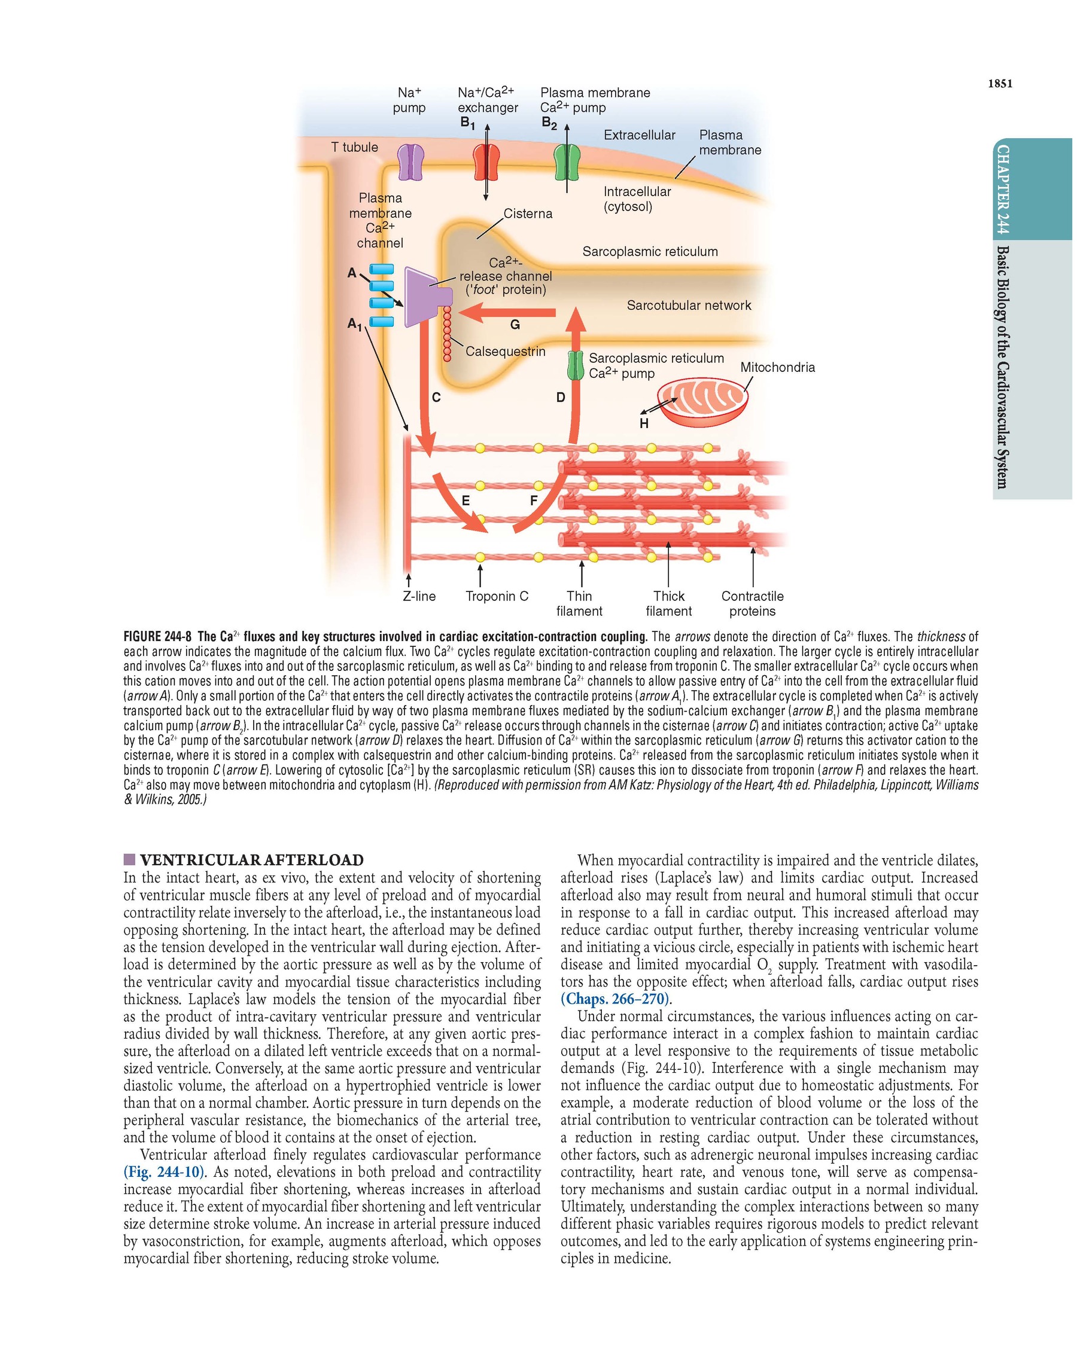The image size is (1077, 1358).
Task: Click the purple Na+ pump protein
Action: click(x=410, y=163)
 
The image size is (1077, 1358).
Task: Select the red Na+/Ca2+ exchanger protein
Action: click(x=486, y=163)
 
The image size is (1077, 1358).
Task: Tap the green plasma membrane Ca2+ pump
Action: click(x=567, y=163)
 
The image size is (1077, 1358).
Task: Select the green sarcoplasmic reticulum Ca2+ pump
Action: click(x=576, y=366)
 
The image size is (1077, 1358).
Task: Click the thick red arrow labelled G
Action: click(x=507, y=312)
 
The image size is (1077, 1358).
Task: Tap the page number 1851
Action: click(x=1000, y=84)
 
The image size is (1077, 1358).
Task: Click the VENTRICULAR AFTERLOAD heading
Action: click(x=251, y=860)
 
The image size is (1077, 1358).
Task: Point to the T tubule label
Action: click(x=355, y=147)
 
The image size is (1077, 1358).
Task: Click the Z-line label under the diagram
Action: click(x=419, y=596)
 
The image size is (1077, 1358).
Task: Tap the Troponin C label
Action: click(x=497, y=596)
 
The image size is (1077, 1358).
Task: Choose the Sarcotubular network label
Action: click(x=689, y=306)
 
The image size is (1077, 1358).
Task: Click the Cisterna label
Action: click(x=528, y=213)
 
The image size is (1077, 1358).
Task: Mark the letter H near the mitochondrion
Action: click(x=643, y=424)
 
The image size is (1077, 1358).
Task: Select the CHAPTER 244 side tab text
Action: click(x=1002, y=189)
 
